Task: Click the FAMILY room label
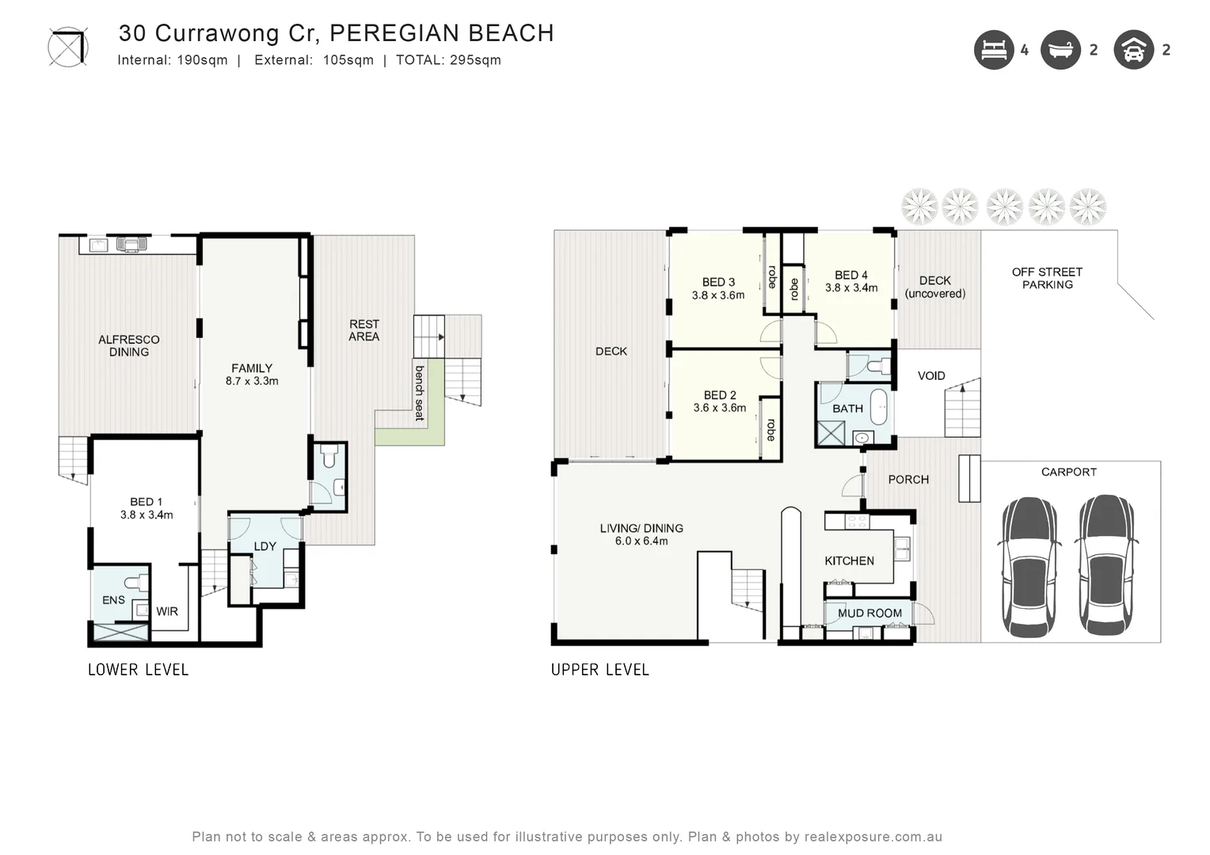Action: [252, 368]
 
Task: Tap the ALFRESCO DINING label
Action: [129, 346]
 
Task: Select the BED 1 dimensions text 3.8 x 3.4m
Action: [146, 515]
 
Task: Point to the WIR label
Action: [167, 611]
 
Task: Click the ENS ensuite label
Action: [113, 600]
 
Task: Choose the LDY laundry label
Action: [264, 546]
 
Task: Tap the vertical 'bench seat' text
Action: [420, 393]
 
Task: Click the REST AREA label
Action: [364, 330]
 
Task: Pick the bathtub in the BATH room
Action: [879, 406]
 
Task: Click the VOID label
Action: [931, 376]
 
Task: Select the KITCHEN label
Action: [849, 560]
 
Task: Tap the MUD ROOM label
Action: [869, 613]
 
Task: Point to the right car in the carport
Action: [1106, 565]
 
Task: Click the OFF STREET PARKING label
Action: [1047, 278]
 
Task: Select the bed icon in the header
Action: [994, 50]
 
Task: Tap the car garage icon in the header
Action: [1133, 50]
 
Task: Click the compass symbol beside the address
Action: [68, 47]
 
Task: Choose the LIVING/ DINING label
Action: [641, 528]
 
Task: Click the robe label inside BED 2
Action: [771, 430]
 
